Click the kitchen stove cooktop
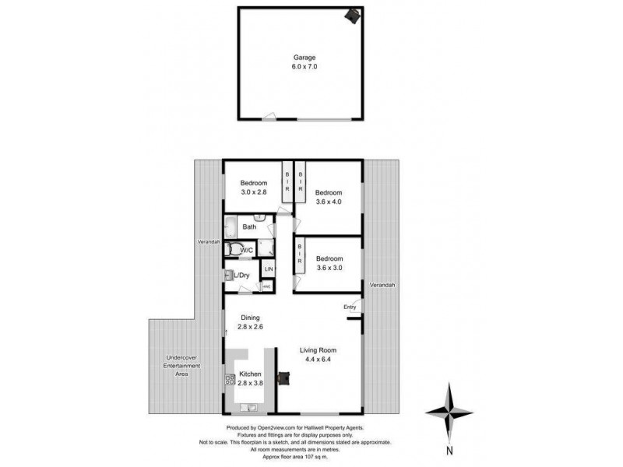click(x=231, y=380)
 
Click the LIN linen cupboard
click(x=268, y=269)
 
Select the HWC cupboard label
click(x=266, y=286)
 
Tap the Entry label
click(x=350, y=307)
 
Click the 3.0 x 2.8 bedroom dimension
click(x=253, y=194)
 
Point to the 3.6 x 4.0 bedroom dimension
click(x=328, y=202)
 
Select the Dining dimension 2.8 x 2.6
click(x=250, y=328)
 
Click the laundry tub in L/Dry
click(x=229, y=274)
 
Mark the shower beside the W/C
click(x=266, y=249)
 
